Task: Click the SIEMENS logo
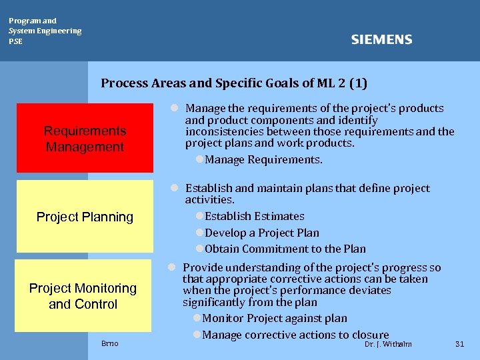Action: [x=381, y=40]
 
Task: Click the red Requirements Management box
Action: [x=85, y=139]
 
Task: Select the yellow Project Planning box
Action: [x=85, y=217]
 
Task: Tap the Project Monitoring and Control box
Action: [x=83, y=296]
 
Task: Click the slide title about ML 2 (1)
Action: [x=234, y=83]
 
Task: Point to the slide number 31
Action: [x=459, y=344]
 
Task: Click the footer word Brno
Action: [x=110, y=343]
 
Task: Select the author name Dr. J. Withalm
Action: [x=388, y=344]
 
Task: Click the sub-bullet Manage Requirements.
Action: [x=263, y=159]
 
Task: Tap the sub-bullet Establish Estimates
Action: [x=254, y=216]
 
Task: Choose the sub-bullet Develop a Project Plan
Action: [x=261, y=233]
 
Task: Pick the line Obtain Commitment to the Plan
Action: [x=285, y=249]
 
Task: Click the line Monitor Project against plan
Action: [x=274, y=318]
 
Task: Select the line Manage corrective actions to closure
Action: [x=295, y=335]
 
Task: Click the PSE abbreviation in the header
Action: [x=15, y=41]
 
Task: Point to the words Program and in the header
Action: [x=33, y=21]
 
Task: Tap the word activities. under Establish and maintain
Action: [x=209, y=200]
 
